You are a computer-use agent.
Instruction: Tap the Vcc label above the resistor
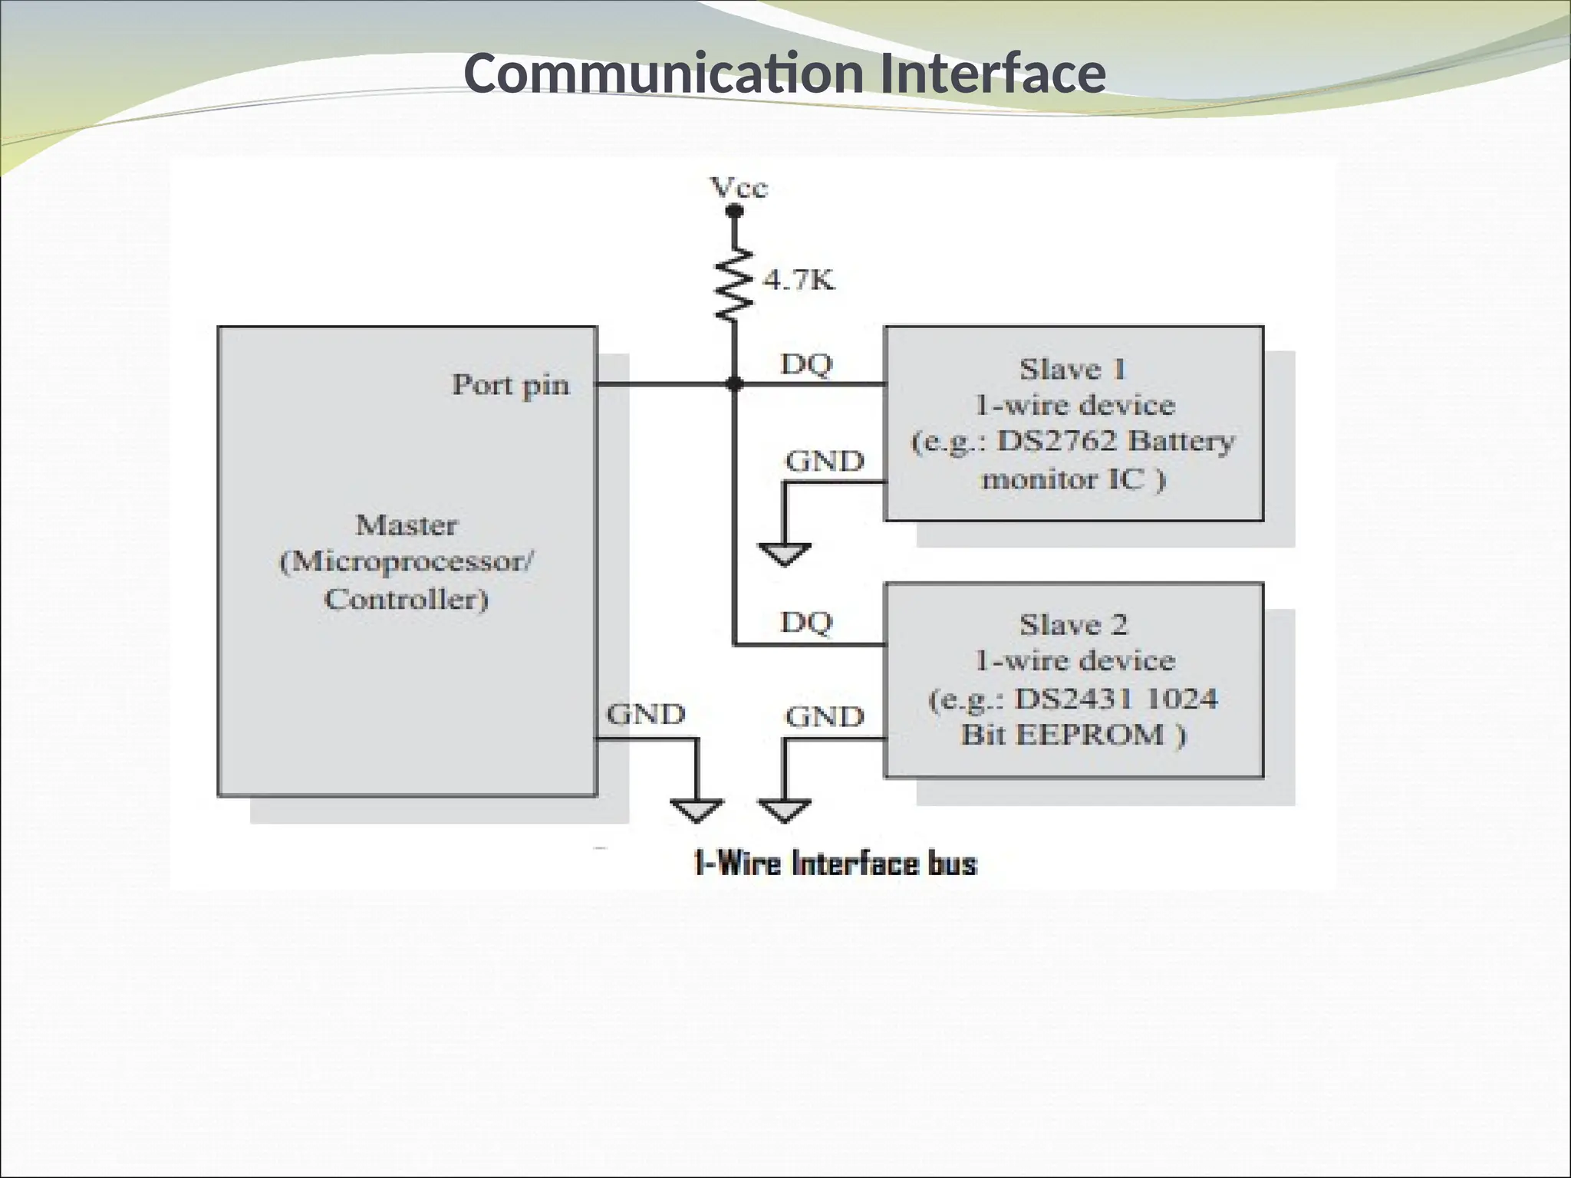click(x=738, y=188)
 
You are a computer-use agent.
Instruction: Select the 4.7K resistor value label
click(x=799, y=281)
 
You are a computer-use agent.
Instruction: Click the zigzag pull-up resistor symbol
click(x=734, y=284)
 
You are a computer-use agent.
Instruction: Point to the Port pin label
click(x=511, y=385)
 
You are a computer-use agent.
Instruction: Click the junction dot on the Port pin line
click(x=734, y=383)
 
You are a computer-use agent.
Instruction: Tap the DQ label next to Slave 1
click(x=806, y=364)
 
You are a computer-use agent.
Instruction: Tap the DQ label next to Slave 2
click(x=806, y=622)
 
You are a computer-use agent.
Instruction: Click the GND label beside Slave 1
click(x=825, y=462)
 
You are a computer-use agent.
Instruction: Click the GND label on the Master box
click(x=646, y=715)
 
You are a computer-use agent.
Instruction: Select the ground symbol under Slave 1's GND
click(x=784, y=554)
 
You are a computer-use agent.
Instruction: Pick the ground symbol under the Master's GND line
click(x=697, y=811)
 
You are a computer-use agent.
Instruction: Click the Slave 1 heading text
click(x=1072, y=370)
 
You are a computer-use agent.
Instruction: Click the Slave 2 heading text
click(x=1072, y=625)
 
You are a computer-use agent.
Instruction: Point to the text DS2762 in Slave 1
click(x=1057, y=442)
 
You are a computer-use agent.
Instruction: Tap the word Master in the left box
click(x=407, y=525)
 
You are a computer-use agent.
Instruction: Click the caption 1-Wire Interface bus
click(x=835, y=864)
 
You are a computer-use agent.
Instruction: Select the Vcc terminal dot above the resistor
click(x=734, y=212)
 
